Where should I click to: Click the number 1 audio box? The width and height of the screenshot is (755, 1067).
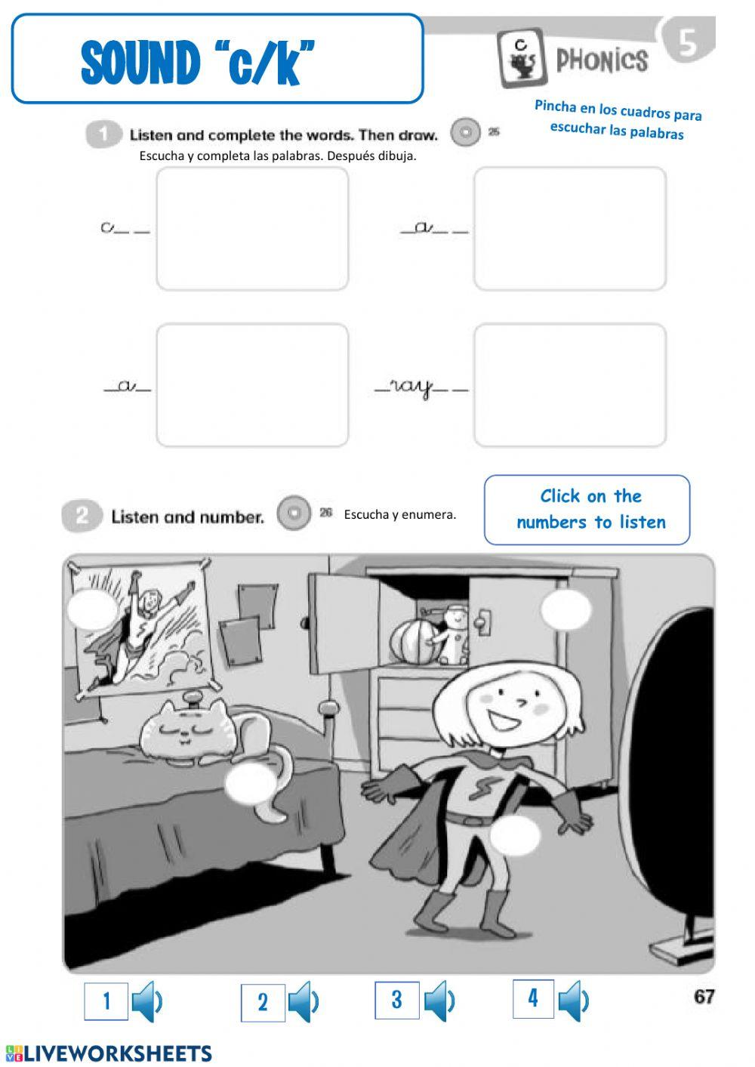106,1001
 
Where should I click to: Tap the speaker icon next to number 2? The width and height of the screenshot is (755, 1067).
304,1002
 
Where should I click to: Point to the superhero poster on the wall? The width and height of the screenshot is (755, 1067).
143,627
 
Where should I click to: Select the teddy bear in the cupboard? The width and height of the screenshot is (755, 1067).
455,633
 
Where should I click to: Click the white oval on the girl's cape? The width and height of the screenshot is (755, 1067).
516,835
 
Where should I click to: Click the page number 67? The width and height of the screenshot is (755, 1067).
704,997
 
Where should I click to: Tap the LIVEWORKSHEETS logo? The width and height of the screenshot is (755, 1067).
109,1053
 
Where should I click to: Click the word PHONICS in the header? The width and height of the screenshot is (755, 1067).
602,60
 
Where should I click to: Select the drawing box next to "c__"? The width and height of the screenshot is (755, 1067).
252,229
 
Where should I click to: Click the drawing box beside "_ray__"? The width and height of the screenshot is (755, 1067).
570,385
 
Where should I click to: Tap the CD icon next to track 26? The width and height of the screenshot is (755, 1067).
294,513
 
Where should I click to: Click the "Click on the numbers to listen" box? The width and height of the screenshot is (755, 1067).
587,510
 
